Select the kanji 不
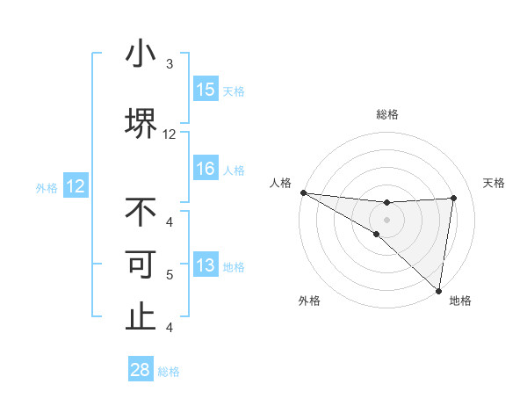(x=141, y=212)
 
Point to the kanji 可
(x=141, y=264)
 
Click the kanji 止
(x=141, y=316)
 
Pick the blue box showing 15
(x=206, y=90)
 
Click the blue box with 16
(x=206, y=169)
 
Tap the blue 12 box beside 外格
(x=75, y=186)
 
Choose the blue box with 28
(x=141, y=370)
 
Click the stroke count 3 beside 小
(x=169, y=64)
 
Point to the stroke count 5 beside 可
(x=169, y=275)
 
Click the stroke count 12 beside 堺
(x=169, y=134)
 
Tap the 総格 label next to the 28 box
(x=170, y=372)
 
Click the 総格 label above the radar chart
(x=387, y=114)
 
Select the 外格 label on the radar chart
(x=309, y=301)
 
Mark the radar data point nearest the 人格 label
(x=303, y=192)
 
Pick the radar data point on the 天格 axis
(x=453, y=198)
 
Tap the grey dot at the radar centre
(x=386, y=219)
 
